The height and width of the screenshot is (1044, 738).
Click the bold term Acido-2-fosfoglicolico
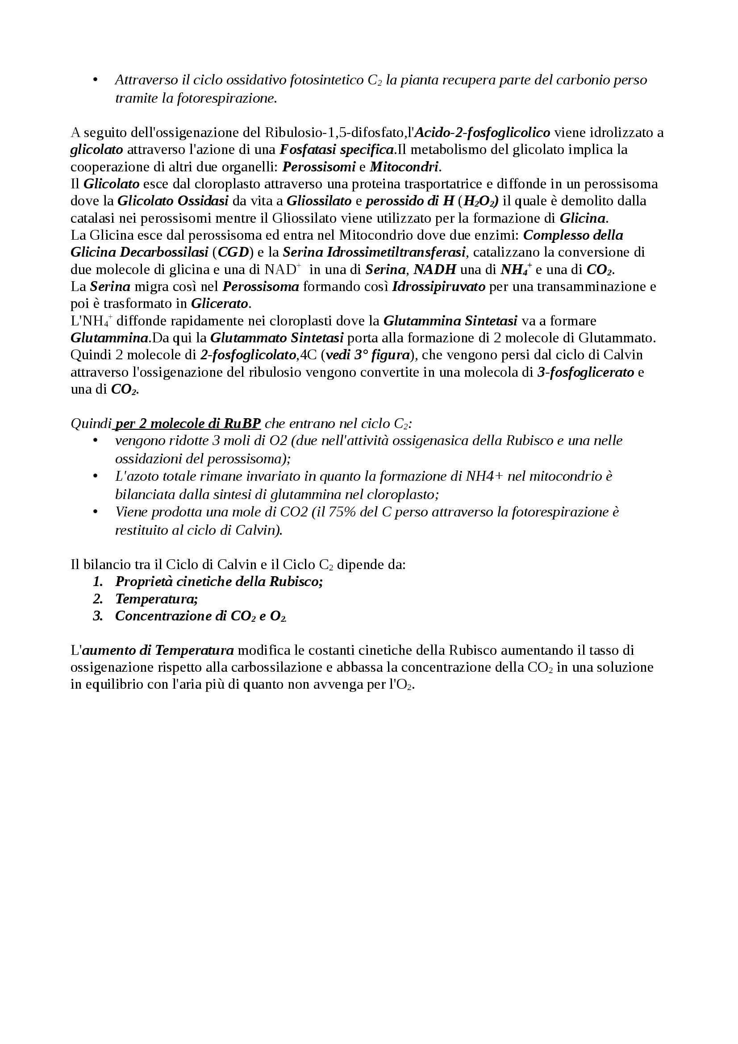pos(483,132)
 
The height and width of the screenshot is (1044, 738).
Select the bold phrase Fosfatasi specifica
pos(337,150)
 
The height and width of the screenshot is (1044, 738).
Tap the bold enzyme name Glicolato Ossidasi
pos(173,201)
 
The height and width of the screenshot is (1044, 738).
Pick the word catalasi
pos(89,218)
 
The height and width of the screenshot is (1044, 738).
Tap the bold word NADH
pos(435,270)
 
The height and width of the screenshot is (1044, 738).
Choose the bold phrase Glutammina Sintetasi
pos(450,321)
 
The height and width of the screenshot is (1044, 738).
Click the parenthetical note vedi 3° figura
pos(367,355)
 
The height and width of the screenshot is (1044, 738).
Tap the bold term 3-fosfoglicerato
pos(585,372)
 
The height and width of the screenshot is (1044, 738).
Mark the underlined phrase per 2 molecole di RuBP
pos(188,424)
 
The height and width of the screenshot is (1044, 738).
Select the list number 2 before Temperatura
pos(97,599)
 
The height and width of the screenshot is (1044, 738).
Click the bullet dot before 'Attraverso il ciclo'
pos(95,80)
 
